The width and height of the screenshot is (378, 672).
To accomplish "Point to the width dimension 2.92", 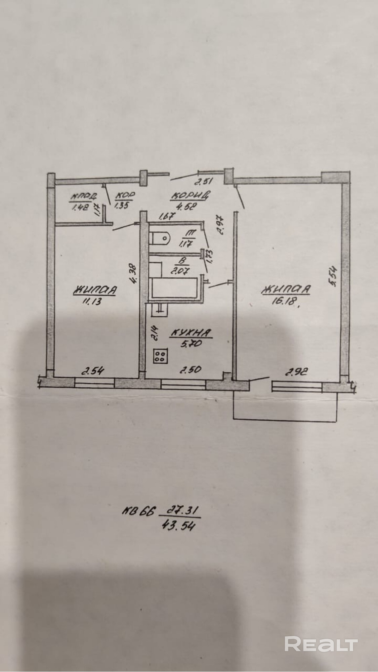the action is (x=297, y=372).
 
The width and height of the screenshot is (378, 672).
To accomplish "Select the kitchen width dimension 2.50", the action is (x=191, y=370).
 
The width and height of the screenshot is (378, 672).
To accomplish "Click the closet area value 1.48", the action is (x=80, y=207).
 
